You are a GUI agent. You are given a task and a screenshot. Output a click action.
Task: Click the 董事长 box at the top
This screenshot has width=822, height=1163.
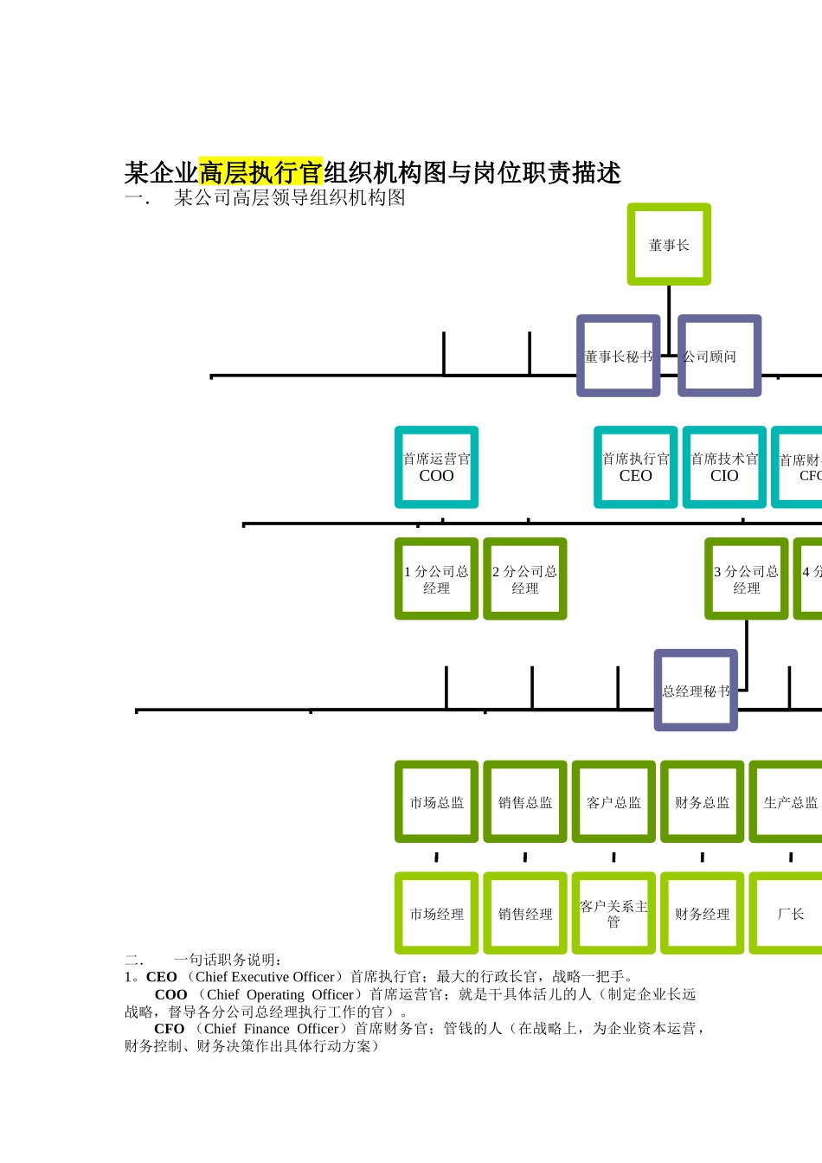pos(669,244)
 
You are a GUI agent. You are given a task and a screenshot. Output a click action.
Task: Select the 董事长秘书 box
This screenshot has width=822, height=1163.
pos(619,356)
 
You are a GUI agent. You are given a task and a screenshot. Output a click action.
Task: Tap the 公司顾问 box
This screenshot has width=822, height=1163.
pos(719,356)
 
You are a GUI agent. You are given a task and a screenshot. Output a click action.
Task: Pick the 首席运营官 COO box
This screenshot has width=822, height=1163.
pos(436,467)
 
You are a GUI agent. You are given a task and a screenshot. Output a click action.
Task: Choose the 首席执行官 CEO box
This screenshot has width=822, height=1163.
pos(635,467)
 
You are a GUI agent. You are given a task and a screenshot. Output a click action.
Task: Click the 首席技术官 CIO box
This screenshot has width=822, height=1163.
pos(724,467)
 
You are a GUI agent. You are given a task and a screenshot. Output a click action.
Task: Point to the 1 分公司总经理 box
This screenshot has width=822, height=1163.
pos(436,579)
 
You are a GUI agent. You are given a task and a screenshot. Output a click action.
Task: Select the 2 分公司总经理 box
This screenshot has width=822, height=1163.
pos(524,579)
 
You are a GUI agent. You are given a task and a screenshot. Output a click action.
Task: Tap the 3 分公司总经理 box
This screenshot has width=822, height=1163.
pos(746,579)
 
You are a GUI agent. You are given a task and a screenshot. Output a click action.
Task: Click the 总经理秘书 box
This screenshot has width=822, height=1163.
pos(696,691)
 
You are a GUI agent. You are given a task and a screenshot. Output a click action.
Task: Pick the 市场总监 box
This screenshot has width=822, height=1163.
pos(436,802)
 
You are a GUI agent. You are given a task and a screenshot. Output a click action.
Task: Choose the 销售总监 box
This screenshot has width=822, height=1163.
pos(524,802)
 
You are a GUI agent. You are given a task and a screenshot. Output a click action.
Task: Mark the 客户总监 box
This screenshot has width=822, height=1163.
pos(613,802)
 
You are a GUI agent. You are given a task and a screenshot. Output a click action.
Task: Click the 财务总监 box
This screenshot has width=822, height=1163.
pos(702,802)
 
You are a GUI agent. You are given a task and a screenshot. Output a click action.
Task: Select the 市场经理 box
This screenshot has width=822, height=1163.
pos(436,914)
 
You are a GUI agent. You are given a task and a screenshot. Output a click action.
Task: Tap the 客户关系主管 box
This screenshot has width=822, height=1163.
pos(613,914)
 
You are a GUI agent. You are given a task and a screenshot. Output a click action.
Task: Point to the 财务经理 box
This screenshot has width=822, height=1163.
pos(702,914)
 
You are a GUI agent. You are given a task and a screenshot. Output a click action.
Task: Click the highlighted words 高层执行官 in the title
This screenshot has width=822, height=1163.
pos(260,172)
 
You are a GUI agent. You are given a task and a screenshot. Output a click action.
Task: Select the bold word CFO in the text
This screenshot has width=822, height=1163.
pos(169,1029)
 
